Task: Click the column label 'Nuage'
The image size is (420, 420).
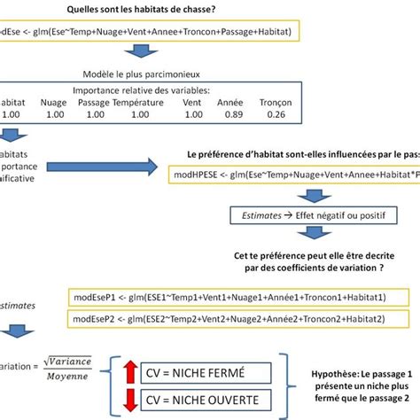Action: coord(53,103)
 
